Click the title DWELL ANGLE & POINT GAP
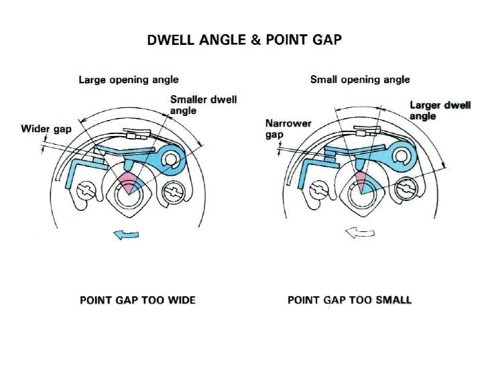tap(244, 40)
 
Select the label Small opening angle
tap(360, 80)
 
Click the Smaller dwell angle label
tap(203, 105)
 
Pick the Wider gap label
tap(48, 129)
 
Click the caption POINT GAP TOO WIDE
tap(137, 300)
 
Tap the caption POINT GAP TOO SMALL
tap(349, 300)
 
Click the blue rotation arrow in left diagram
tap(127, 234)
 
